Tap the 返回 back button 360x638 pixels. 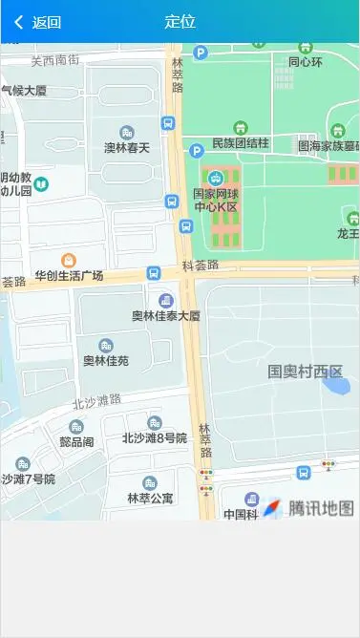pos(38,22)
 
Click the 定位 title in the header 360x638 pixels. pos(180,22)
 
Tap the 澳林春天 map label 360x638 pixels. pos(127,148)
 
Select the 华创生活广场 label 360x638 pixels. pos(69,276)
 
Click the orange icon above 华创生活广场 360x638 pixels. pos(69,260)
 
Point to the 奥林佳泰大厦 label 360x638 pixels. pos(165,315)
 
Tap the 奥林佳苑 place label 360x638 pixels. pos(105,361)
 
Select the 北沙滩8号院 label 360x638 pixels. pos(154,438)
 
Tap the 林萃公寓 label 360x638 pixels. pos(150,499)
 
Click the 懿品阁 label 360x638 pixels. pos(76,442)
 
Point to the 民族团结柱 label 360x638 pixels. pos(241,143)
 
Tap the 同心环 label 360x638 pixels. pos(306,62)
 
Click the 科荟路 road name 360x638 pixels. pos(201,266)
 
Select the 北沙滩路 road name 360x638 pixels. pos(96,399)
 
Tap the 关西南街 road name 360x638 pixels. pos(54,60)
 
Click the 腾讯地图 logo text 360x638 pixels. pos(322,508)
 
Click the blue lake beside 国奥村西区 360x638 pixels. pos(336,386)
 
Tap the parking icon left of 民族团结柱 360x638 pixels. pos(197,151)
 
